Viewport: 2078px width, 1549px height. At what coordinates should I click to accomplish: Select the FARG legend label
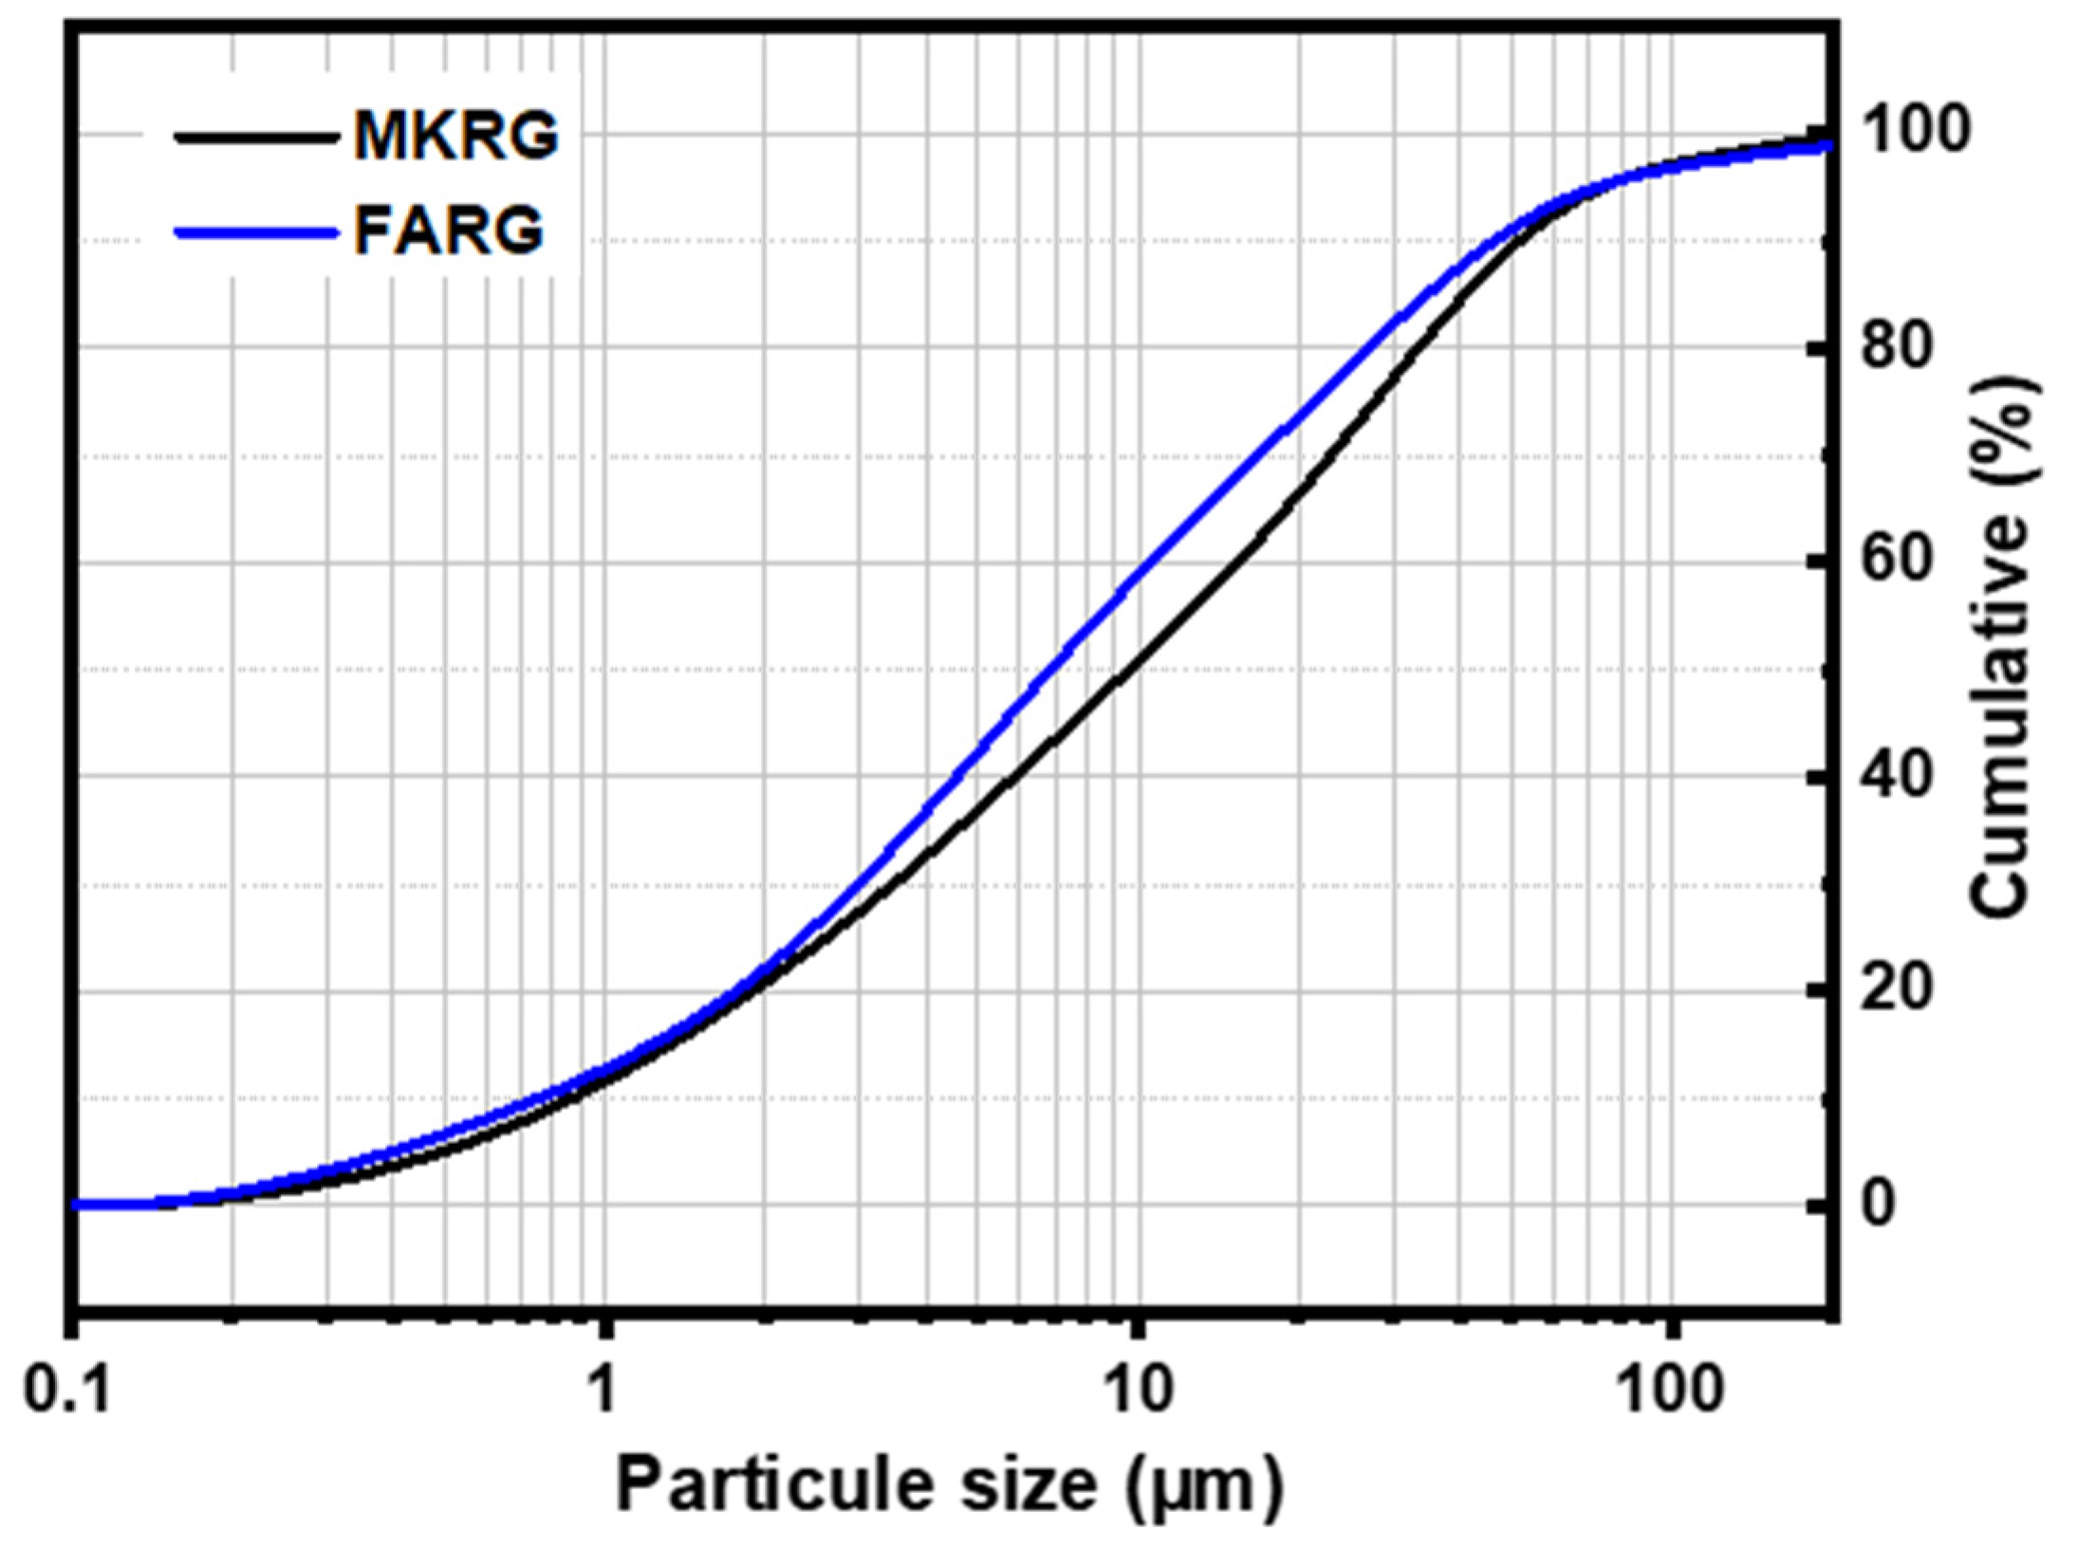click(x=449, y=231)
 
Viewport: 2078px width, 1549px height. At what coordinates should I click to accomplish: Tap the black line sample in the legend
click(x=256, y=137)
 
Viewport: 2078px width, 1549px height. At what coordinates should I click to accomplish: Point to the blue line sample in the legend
click(x=256, y=231)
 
